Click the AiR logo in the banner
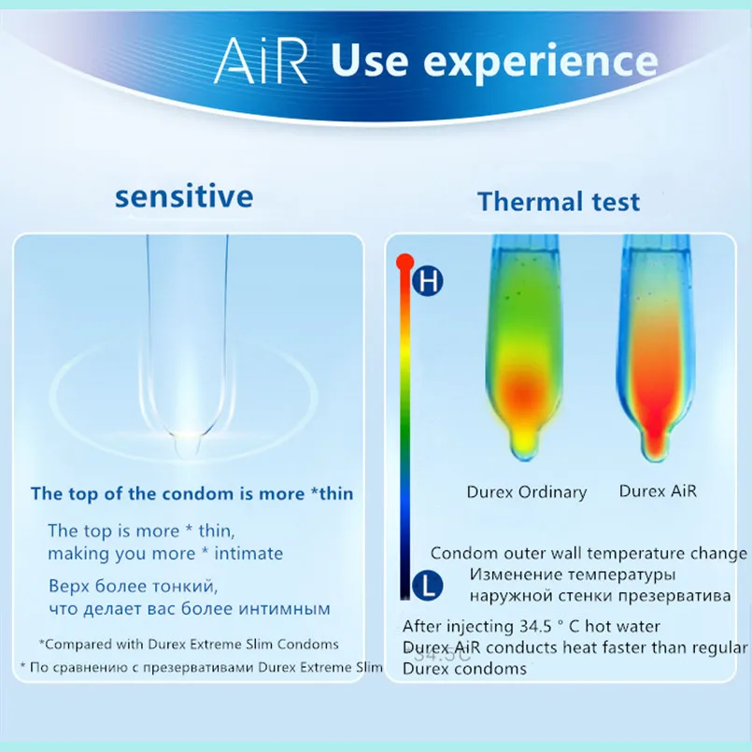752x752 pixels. (x=261, y=61)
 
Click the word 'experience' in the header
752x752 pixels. (x=541, y=62)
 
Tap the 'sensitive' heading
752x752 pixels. (x=184, y=196)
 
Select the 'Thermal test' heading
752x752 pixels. (x=559, y=201)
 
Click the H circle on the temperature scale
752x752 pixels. (x=427, y=280)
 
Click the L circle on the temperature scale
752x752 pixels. (x=427, y=586)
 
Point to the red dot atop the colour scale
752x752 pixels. (x=405, y=262)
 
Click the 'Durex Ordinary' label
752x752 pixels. (x=527, y=492)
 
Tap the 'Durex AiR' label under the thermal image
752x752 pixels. (x=658, y=491)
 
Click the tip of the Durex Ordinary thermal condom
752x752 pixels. (x=525, y=455)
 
